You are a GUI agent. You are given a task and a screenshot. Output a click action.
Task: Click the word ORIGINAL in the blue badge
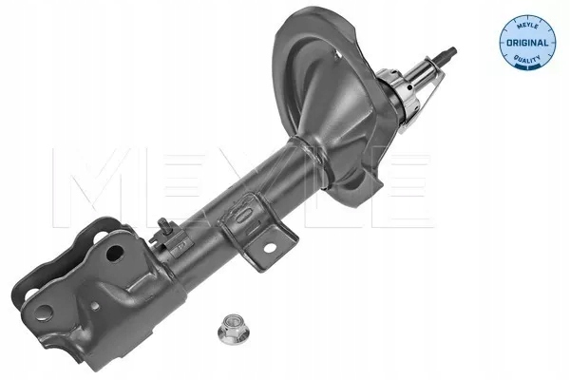pyautogui.click(x=527, y=43)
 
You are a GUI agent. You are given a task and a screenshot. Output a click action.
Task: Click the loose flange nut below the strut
pyautogui.click(x=232, y=329)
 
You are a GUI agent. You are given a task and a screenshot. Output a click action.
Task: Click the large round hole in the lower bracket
pyautogui.click(x=115, y=253)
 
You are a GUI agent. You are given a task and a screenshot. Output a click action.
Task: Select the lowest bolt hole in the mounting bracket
pyautogui.click(x=44, y=313)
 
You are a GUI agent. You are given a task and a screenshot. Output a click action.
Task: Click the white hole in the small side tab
pyautogui.click(x=270, y=248)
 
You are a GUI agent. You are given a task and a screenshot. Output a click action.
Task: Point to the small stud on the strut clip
pyautogui.click(x=165, y=224)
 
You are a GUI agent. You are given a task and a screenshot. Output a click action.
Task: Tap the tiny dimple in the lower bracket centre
pyautogui.click(x=95, y=306)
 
